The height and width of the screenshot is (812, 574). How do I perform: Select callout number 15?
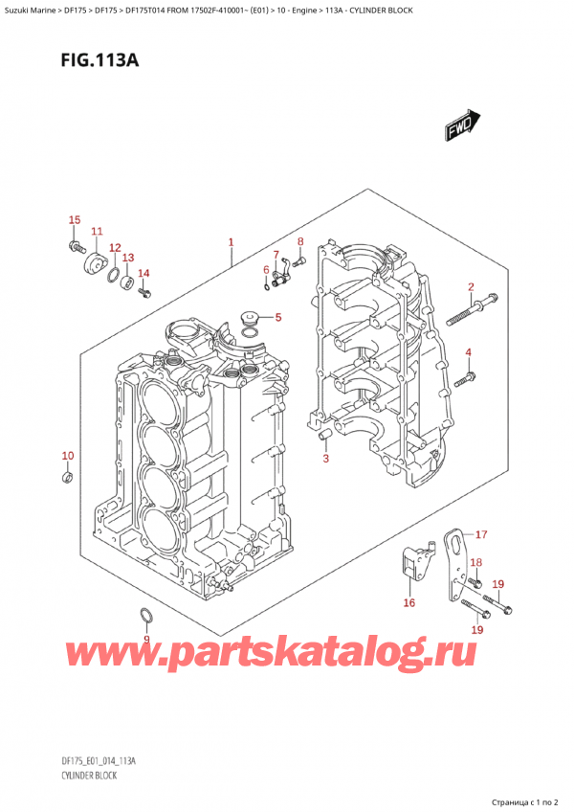point(75,221)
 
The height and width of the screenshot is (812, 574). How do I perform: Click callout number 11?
point(97,232)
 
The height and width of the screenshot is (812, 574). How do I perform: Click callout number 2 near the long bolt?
point(470,286)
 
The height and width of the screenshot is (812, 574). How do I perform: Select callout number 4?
point(469,353)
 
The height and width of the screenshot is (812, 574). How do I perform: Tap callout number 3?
point(325,459)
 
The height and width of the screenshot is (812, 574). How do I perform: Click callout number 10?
point(67,455)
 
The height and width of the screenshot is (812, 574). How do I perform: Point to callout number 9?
point(146,639)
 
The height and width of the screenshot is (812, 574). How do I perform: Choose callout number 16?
point(409,602)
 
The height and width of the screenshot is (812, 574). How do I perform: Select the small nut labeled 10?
point(66,476)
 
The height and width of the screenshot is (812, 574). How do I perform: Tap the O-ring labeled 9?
point(145,615)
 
